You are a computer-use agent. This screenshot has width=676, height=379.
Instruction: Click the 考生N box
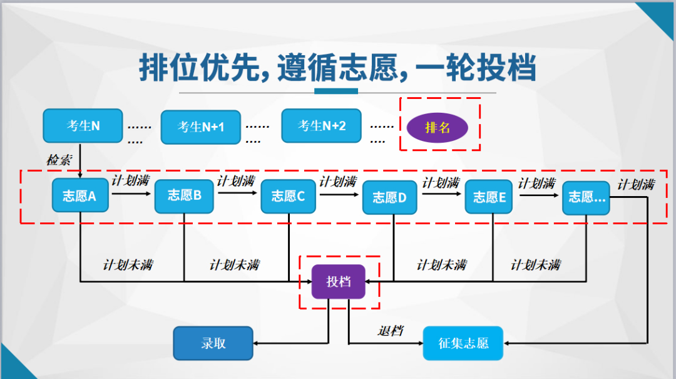pyautogui.click(x=83, y=126)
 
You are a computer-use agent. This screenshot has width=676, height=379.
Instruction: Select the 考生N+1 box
pyautogui.click(x=201, y=127)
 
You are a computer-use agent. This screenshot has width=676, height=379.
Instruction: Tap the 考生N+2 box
pyautogui.click(x=322, y=126)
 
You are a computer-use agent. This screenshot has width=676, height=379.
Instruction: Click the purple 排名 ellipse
pyautogui.click(x=438, y=128)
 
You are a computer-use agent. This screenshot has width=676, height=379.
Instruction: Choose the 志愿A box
pyautogui.click(x=79, y=196)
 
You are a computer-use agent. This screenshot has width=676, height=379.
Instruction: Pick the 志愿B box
pyautogui.click(x=184, y=195)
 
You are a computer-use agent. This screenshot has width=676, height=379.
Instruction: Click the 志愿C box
pyautogui.click(x=288, y=196)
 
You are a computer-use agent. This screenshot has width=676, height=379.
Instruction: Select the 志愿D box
pyautogui.click(x=390, y=197)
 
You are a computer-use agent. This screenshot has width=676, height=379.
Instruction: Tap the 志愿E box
pyautogui.click(x=489, y=197)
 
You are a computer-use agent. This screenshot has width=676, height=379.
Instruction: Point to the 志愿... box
pyautogui.click(x=586, y=197)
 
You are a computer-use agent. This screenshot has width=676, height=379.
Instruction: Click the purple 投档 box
pyautogui.click(x=339, y=282)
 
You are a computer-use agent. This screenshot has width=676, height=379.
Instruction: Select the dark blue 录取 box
pyautogui.click(x=213, y=343)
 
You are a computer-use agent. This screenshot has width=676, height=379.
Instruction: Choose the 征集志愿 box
pyautogui.click(x=463, y=343)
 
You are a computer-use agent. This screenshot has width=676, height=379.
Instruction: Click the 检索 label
pyautogui.click(x=59, y=160)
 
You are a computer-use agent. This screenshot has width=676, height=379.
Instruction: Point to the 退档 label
pyautogui.click(x=390, y=330)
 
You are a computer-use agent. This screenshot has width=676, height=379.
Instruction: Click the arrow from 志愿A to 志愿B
pyautogui.click(x=131, y=194)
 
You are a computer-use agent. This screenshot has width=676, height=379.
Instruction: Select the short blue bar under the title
pyautogui.click(x=336, y=91)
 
